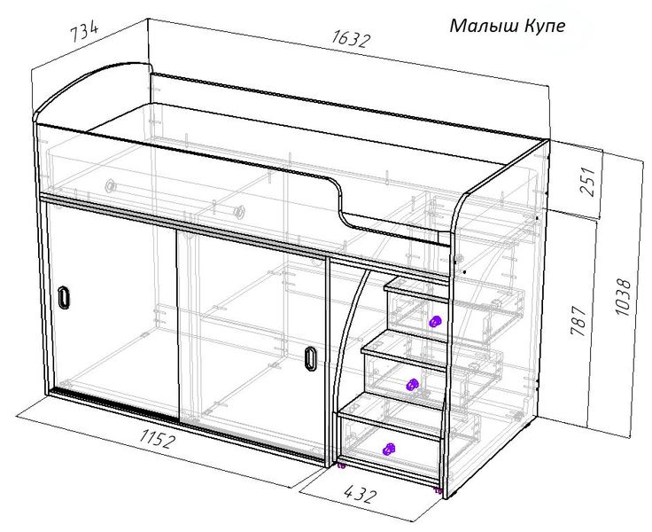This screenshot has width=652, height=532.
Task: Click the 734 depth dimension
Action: pyautogui.click(x=84, y=31)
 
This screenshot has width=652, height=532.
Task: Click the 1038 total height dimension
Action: pyautogui.click(x=622, y=297)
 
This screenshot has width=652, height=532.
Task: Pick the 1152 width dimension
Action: pyautogui.click(x=156, y=439)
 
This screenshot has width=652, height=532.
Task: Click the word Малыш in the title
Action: pyautogui.click(x=484, y=26)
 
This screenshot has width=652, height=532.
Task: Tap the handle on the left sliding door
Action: pyautogui.click(x=64, y=297)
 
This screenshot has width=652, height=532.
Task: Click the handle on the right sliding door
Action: pyautogui.click(x=310, y=358)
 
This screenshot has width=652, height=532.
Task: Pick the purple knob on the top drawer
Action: pyautogui.click(x=435, y=321)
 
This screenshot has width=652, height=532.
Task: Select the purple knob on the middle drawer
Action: pyautogui.click(x=412, y=385)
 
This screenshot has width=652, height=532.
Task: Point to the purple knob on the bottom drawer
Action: pyautogui.click(x=388, y=449)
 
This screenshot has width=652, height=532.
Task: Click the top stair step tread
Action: pyautogui.click(x=416, y=288)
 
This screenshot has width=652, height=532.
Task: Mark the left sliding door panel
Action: pyautogui.click(x=113, y=309)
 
